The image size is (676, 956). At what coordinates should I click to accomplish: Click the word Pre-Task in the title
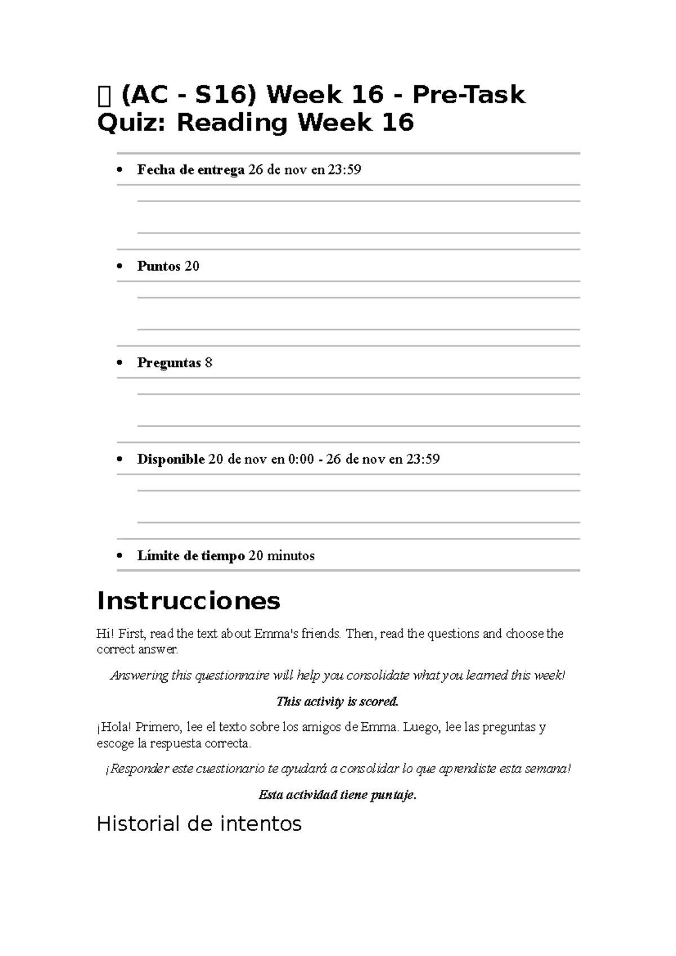tap(468, 95)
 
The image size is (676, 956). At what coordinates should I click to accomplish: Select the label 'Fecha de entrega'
tap(190, 170)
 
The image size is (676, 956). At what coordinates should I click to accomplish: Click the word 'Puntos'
tap(158, 266)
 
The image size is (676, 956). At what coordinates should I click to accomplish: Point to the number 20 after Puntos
tap(192, 266)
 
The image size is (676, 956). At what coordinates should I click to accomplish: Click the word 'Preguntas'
tap(169, 363)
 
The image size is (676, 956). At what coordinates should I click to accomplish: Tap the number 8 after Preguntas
tap(208, 363)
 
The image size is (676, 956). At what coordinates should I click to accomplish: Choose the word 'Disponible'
tap(171, 459)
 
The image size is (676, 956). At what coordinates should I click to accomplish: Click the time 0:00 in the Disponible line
tap(300, 459)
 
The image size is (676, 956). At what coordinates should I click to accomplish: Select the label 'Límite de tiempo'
tap(190, 556)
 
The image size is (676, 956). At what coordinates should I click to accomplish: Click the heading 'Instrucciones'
tap(188, 601)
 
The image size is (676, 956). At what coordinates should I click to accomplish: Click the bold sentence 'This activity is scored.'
tap(337, 701)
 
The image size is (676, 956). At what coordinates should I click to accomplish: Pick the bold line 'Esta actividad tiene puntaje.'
tap(337, 794)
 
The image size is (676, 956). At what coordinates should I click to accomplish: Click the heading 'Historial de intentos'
tap(199, 824)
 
